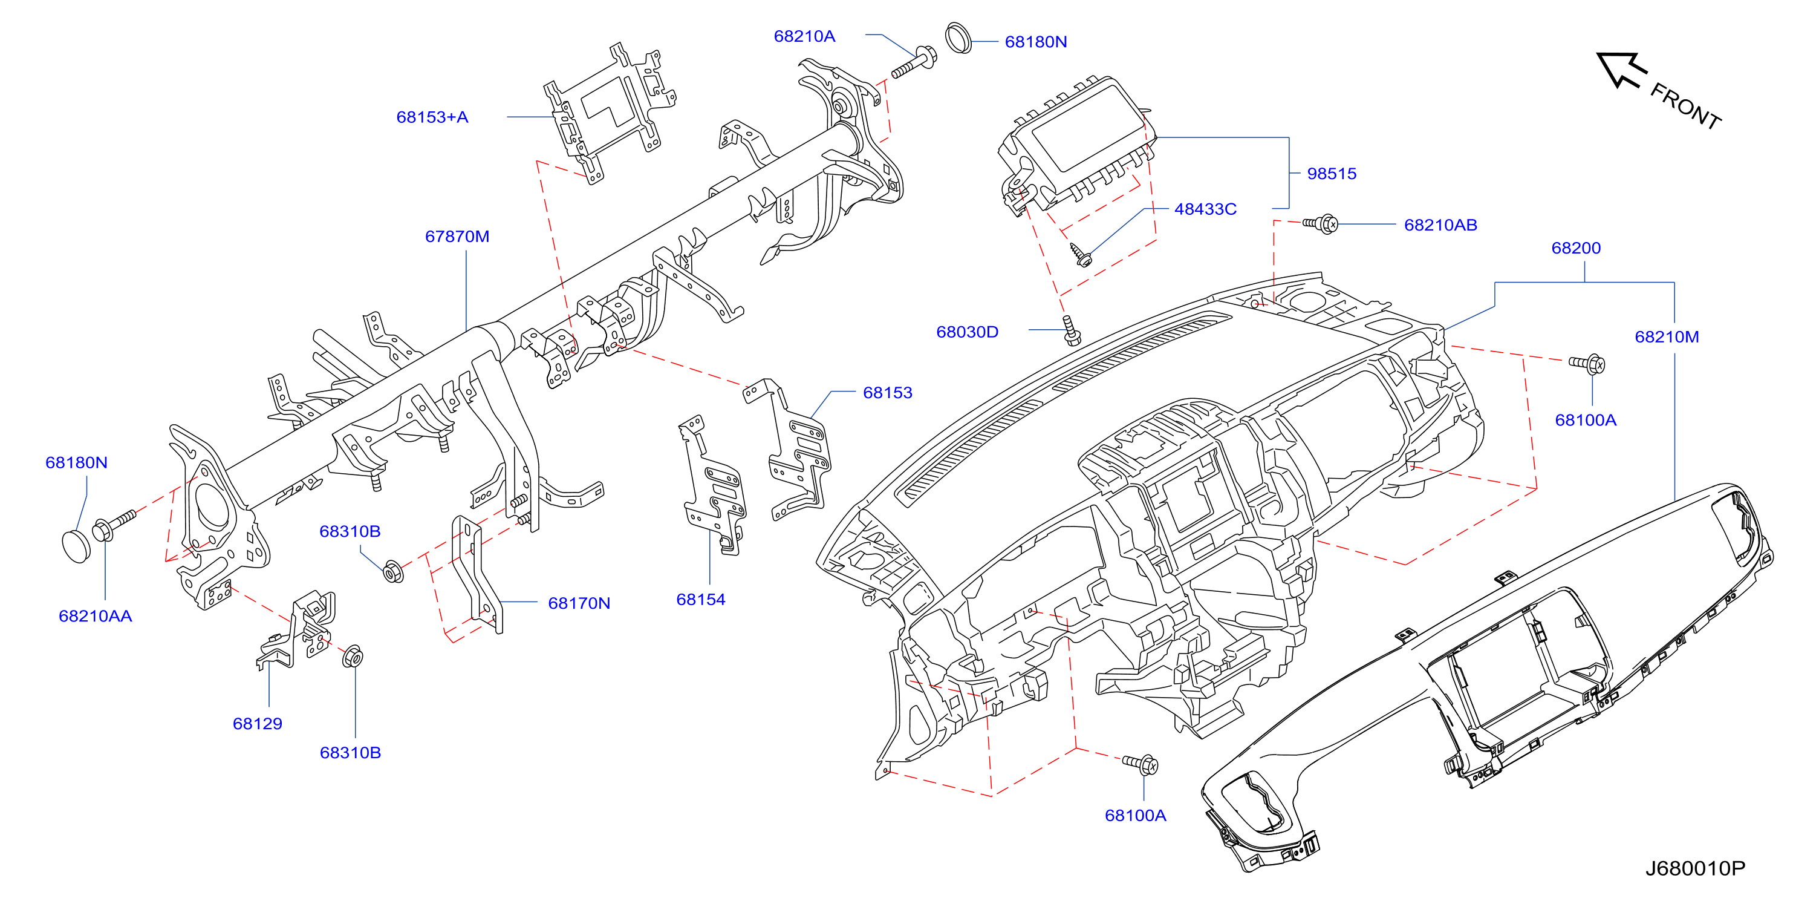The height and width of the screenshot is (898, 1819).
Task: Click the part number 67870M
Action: [x=457, y=237]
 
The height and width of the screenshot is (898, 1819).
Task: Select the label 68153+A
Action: [x=432, y=117]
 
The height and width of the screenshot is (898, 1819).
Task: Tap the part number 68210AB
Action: [x=1440, y=225]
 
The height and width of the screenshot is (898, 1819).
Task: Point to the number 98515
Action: [x=1332, y=174]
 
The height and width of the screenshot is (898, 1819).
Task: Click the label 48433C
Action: [x=1205, y=209]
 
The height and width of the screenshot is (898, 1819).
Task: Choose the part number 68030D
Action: [x=968, y=332]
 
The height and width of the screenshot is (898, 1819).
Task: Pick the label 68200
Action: [x=1576, y=248]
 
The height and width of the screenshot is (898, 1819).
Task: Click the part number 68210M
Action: [x=1667, y=337]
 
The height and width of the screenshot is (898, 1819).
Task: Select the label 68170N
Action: [x=579, y=603]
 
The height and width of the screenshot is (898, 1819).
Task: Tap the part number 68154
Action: [x=700, y=600]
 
